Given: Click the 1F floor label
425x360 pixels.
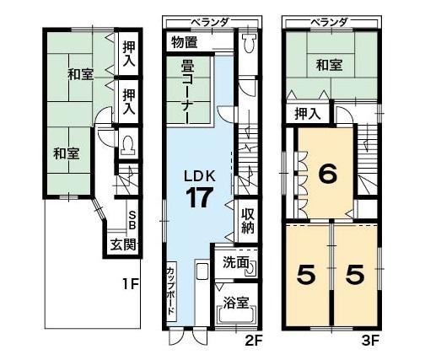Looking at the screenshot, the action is [x=131, y=285].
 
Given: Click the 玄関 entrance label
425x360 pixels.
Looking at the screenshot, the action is [x=123, y=245].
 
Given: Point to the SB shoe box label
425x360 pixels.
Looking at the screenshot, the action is [x=132, y=221].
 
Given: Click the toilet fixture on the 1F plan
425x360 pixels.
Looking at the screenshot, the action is [x=127, y=145].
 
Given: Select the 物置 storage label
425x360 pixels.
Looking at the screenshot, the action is [x=185, y=43].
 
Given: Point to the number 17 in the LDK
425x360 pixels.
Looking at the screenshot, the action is [x=199, y=198].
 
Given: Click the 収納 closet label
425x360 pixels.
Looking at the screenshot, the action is [x=248, y=221].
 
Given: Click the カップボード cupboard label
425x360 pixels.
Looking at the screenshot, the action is [x=171, y=292].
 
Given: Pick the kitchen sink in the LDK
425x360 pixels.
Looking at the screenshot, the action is [x=202, y=271].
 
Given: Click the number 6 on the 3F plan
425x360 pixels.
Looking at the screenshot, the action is [x=327, y=175].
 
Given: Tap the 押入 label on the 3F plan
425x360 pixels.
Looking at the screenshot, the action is [x=308, y=114].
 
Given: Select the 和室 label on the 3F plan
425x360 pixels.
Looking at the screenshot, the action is [x=329, y=65].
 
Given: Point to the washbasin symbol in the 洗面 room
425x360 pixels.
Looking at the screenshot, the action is [x=251, y=269].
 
